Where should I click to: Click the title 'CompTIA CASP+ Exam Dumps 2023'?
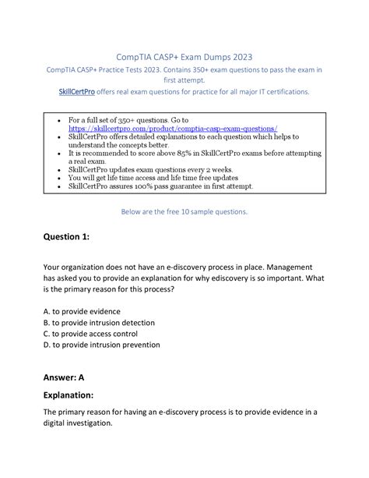pos(184,57)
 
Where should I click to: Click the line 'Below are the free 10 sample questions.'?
pos(184,211)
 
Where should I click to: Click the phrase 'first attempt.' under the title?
pos(184,80)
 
